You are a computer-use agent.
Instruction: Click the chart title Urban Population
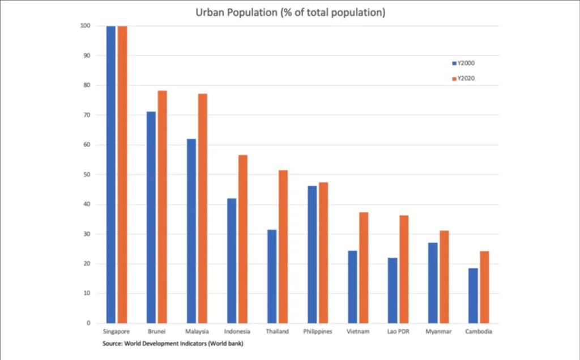coord(290,12)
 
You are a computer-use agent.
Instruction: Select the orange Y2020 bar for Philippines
coord(323,252)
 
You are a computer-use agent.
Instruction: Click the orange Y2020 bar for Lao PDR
coord(403,269)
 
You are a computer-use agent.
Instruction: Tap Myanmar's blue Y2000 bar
coord(433,283)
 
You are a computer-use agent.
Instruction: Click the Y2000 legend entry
coord(463,63)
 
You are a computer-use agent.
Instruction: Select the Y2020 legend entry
coord(463,79)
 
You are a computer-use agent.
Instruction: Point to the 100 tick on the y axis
coord(86,26)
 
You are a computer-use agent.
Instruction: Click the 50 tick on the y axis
coord(87,175)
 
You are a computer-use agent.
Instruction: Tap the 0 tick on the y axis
coord(88,323)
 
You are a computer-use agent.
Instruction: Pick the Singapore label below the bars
coord(116,332)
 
